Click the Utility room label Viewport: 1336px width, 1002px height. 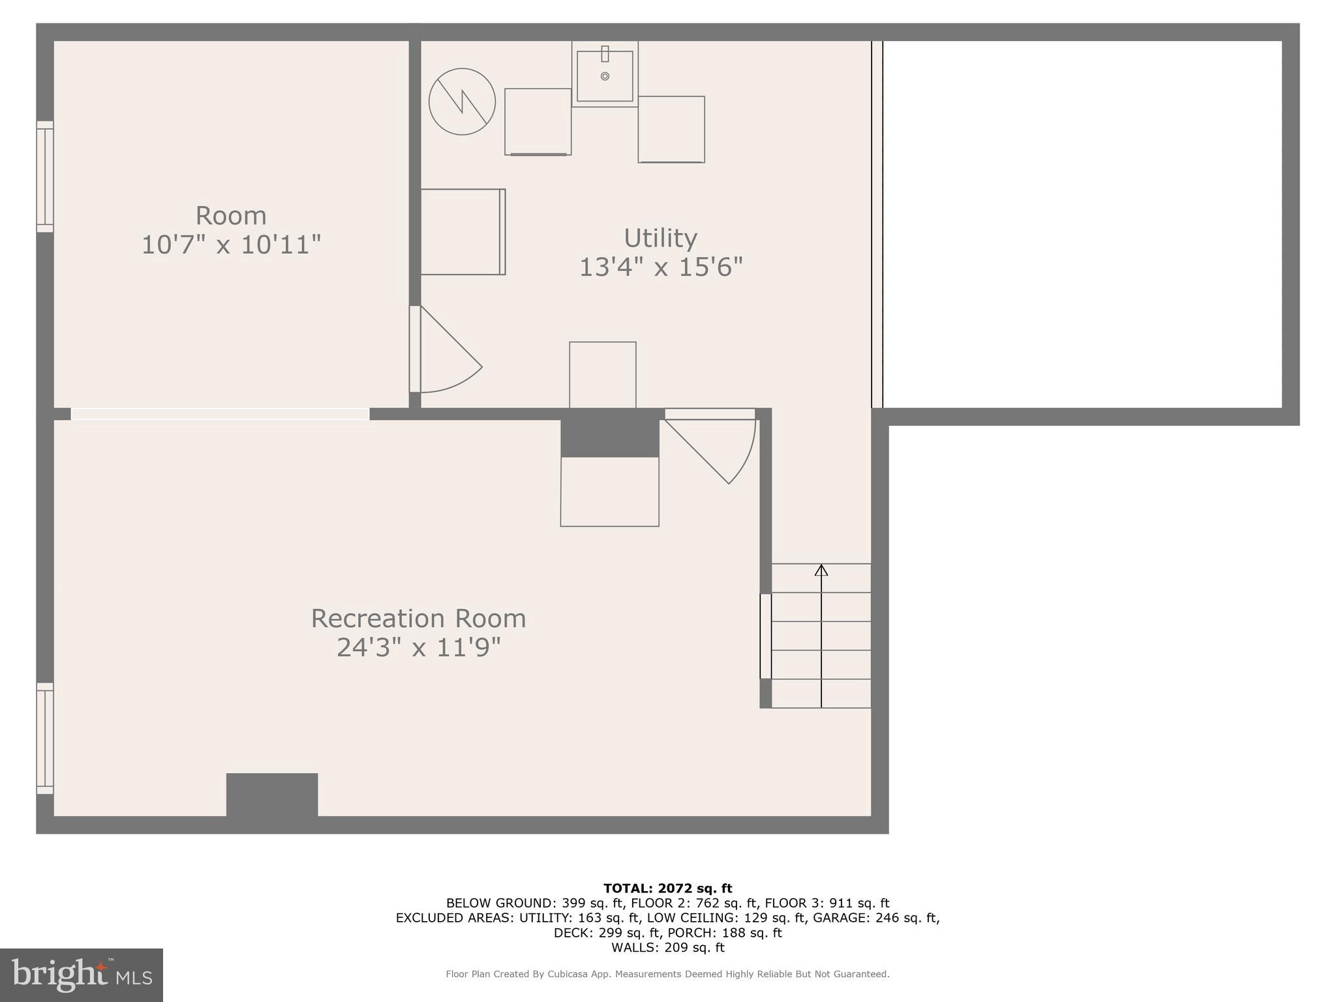[x=660, y=238]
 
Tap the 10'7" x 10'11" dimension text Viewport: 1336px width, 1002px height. [x=231, y=245]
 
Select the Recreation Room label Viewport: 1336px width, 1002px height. [x=418, y=618]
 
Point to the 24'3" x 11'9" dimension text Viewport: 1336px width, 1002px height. [x=418, y=648]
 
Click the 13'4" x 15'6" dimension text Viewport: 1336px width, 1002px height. [x=661, y=267]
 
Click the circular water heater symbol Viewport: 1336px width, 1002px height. [x=462, y=102]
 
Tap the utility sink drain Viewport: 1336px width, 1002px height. [x=605, y=76]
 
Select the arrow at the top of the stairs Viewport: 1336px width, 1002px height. [x=821, y=571]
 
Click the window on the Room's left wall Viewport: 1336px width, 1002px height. [x=44, y=176]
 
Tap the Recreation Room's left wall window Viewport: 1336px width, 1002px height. [x=44, y=738]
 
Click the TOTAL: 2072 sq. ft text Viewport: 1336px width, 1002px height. [x=667, y=888]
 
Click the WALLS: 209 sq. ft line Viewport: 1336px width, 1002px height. [x=667, y=947]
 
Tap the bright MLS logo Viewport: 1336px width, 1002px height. [x=82, y=975]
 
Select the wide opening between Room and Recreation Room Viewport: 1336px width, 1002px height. [x=220, y=414]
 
